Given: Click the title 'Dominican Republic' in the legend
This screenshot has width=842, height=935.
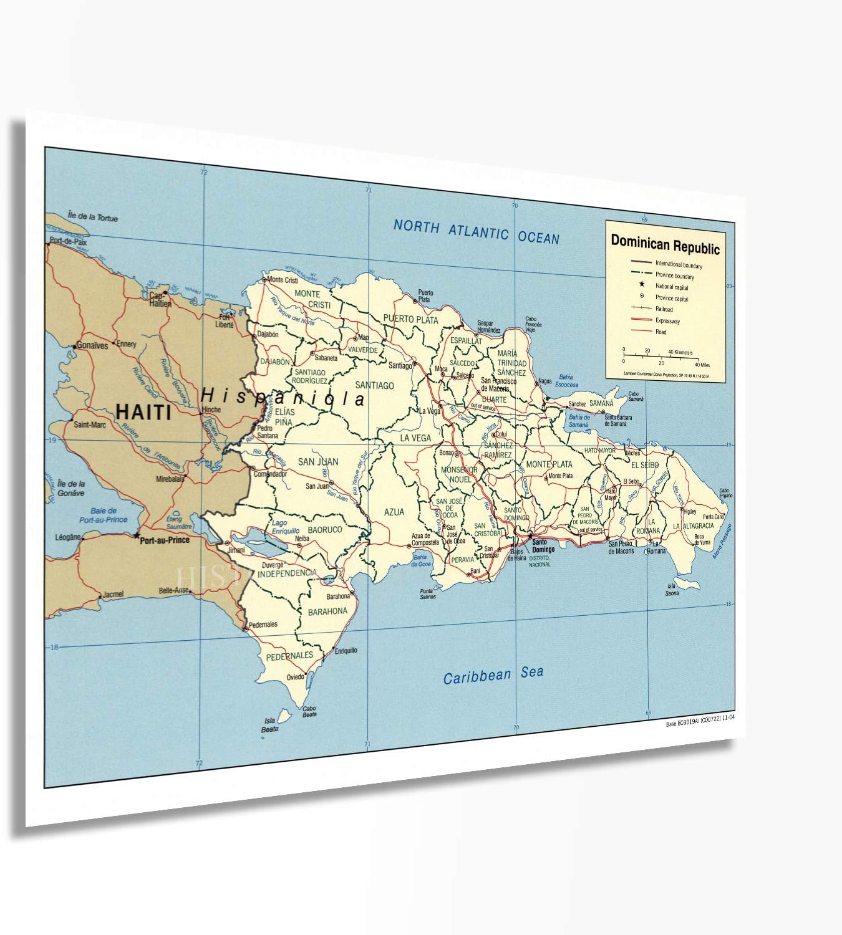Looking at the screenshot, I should click(665, 244).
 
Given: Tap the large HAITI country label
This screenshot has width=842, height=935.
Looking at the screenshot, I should click(143, 411).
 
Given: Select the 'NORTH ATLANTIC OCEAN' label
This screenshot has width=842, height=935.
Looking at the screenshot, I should click(476, 232).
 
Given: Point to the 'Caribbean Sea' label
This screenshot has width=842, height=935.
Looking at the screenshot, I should click(493, 674).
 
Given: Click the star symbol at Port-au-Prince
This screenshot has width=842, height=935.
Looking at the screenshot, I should click(137, 535).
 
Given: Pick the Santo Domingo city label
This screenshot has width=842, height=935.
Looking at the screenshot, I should click(543, 545).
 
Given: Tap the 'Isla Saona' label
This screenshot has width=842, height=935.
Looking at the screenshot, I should click(672, 589).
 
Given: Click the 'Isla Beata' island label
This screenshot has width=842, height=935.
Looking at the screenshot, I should click(269, 725).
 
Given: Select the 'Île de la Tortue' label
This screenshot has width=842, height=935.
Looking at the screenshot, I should click(92, 217).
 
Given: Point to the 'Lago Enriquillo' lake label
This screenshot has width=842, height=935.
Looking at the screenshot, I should click(285, 527).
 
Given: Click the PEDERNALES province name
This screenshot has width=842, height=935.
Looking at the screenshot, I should click(289, 655).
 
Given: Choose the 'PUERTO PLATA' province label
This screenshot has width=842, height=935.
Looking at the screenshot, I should click(410, 319).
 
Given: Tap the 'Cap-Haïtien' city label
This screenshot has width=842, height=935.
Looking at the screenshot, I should click(160, 300).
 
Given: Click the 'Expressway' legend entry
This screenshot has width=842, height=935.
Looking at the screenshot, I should click(667, 321).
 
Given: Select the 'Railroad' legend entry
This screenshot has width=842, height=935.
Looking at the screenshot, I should click(664, 309).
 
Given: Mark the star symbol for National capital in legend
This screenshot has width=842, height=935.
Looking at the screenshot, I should click(642, 284).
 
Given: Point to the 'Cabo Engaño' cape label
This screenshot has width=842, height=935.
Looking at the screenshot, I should click(725, 492).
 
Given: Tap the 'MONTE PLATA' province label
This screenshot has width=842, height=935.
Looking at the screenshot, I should click(549, 464).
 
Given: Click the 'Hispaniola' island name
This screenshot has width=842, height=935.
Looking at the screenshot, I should click(283, 397).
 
